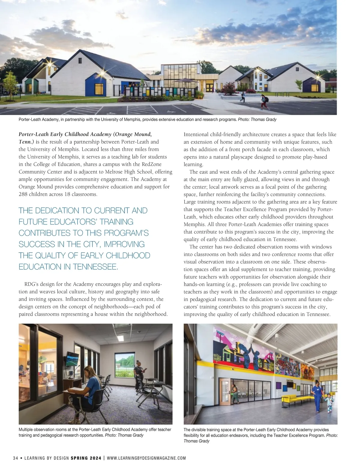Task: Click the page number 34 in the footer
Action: coord(16,458)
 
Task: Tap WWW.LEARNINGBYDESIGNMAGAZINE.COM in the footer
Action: coord(146,458)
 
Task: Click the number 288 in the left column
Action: coord(23,194)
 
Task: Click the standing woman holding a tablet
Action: coord(139,374)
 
